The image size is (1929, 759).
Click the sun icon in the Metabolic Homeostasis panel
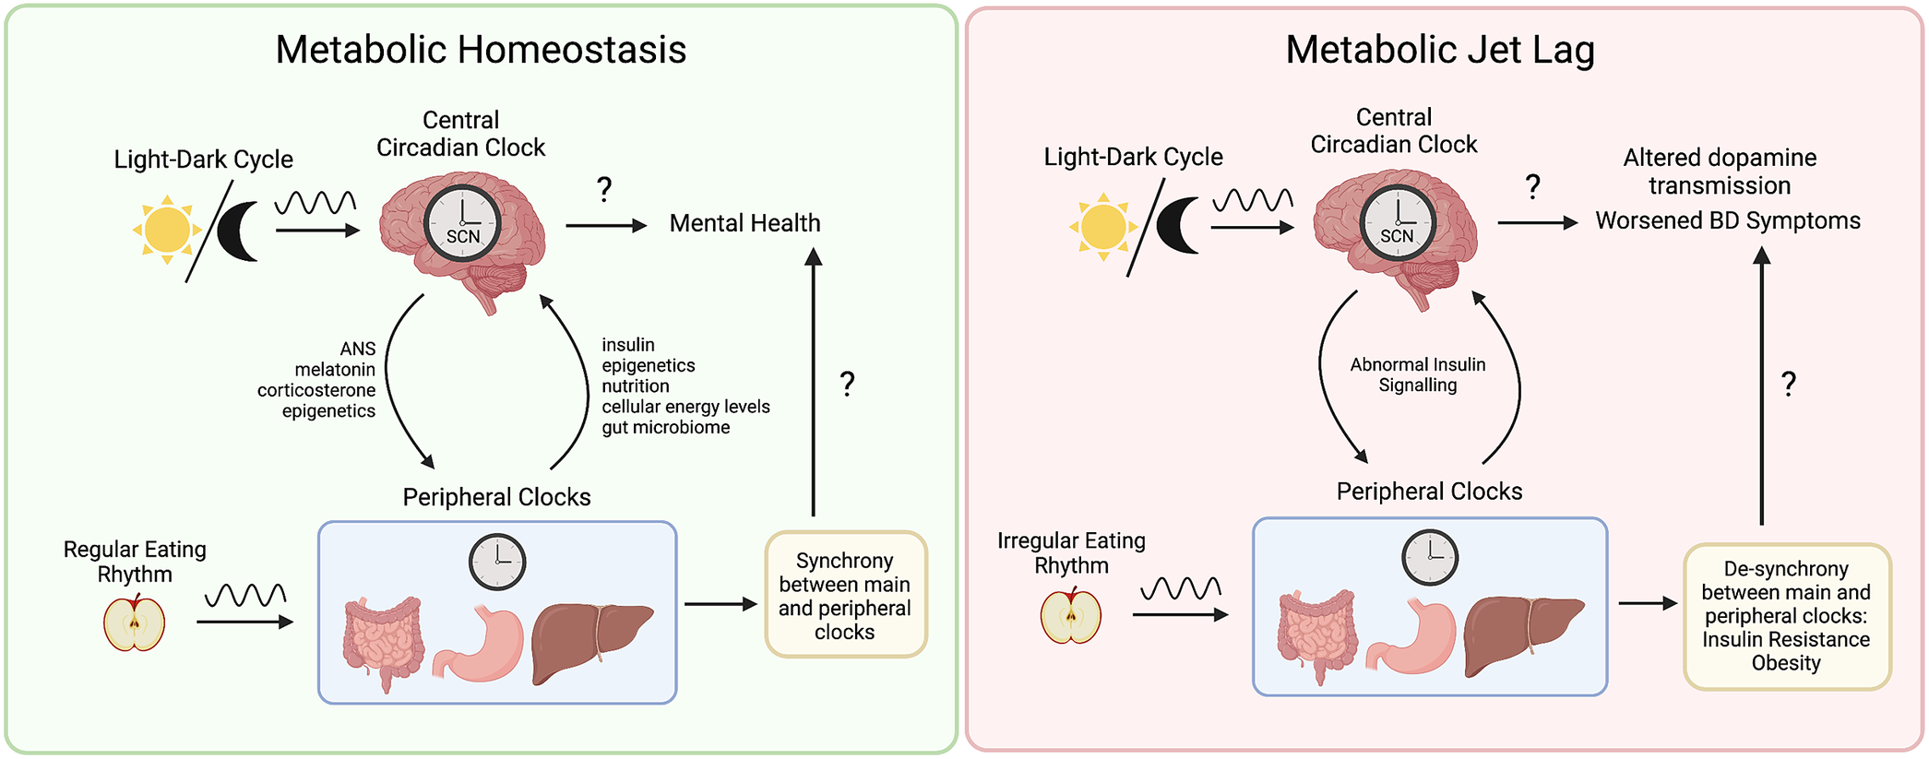(167, 230)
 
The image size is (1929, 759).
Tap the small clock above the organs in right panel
(1429, 557)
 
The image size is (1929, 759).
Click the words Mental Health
(744, 223)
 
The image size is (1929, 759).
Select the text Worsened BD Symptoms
(1727, 221)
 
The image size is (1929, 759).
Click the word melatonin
(335, 370)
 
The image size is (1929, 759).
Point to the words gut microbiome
(665, 428)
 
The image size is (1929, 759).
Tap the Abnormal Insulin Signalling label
(1417, 374)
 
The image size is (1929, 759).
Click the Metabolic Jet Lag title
(1439, 50)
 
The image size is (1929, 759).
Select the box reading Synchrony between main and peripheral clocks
(845, 595)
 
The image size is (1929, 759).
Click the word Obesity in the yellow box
(1785, 663)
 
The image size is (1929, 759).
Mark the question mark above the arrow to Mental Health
(604, 189)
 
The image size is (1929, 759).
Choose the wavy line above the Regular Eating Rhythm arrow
(244, 595)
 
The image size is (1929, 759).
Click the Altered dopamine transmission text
(1720, 172)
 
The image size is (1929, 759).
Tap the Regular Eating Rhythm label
(135, 561)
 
